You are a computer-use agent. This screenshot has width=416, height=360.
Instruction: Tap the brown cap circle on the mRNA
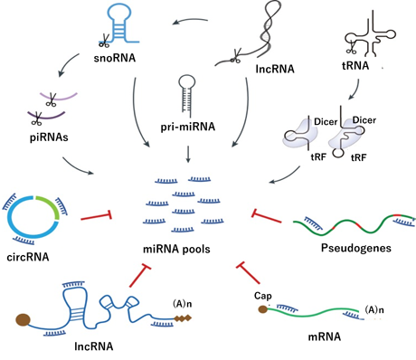(x=262, y=309)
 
